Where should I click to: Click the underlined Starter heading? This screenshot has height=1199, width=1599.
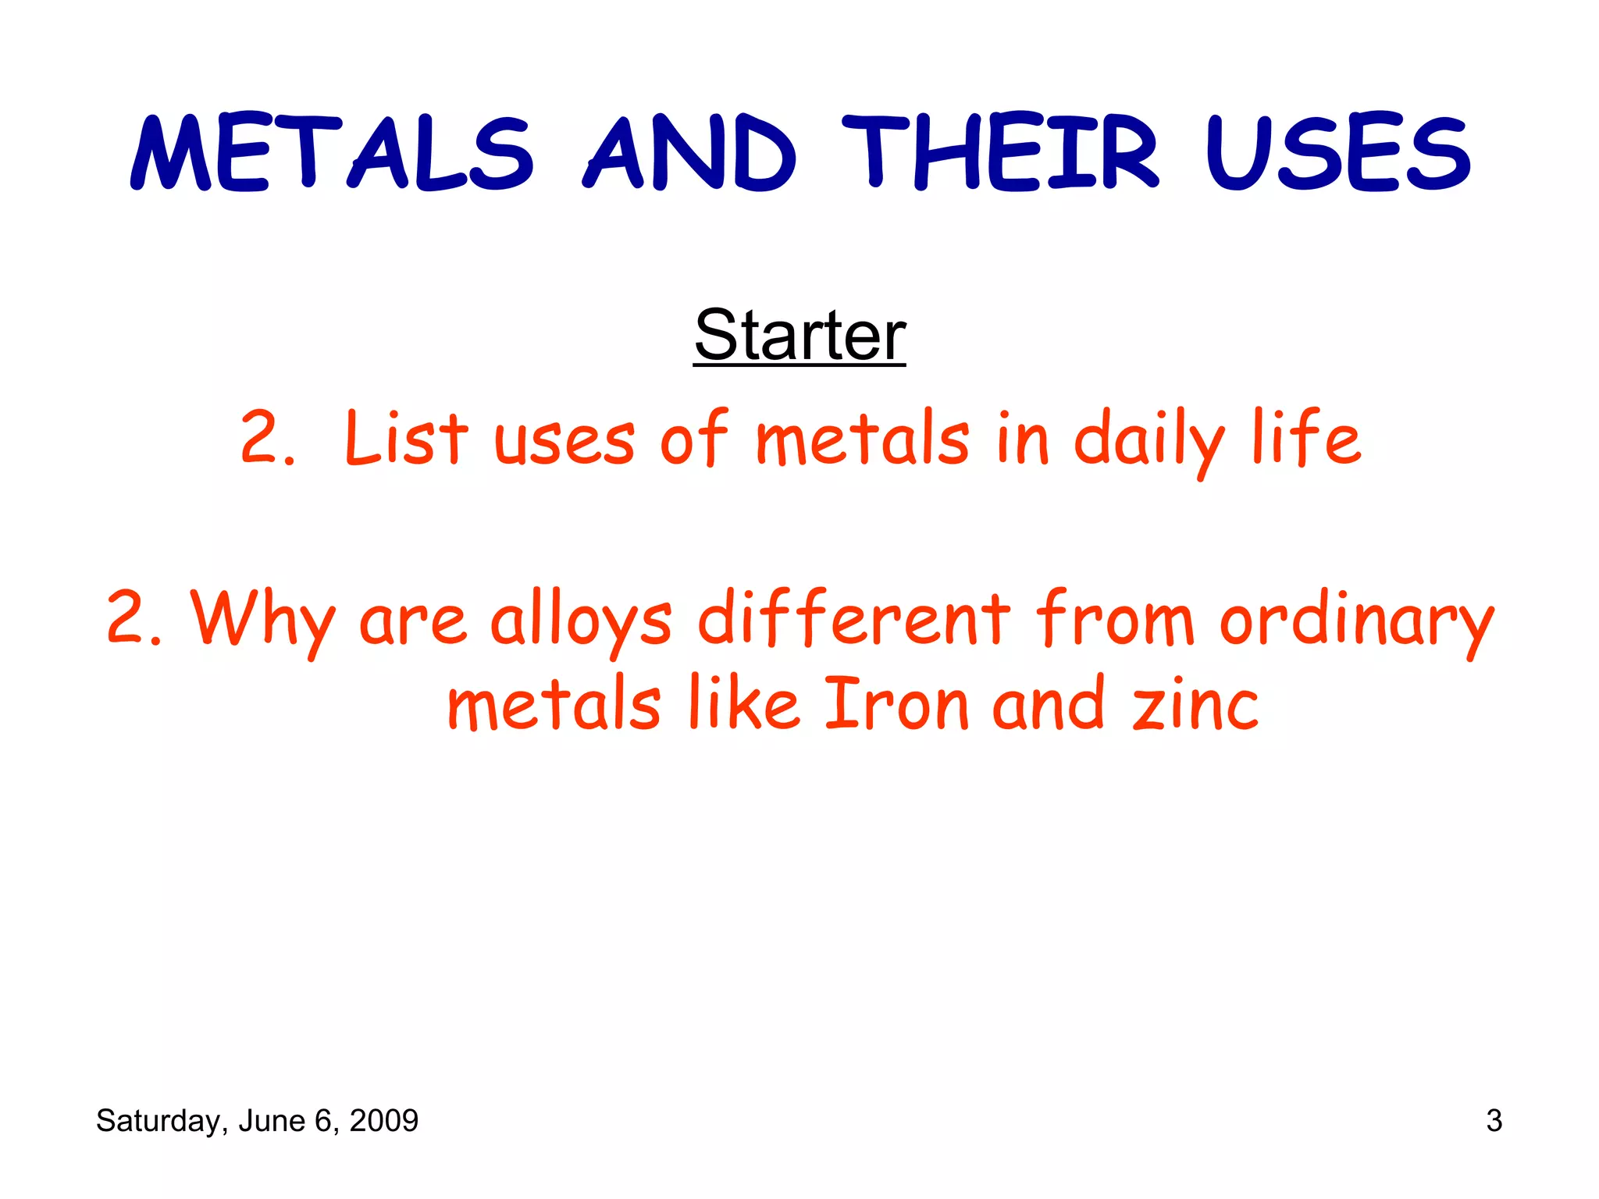tap(799, 335)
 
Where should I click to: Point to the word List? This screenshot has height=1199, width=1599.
tap(406, 439)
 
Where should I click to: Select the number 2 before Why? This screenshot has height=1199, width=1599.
tap(127, 618)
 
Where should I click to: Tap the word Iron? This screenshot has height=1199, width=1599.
tap(896, 705)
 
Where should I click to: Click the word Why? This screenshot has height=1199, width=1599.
tap(264, 621)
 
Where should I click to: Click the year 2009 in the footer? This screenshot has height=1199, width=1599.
tap(383, 1121)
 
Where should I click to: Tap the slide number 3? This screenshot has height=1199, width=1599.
tap(1494, 1121)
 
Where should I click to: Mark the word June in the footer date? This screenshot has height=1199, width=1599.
tap(271, 1121)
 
